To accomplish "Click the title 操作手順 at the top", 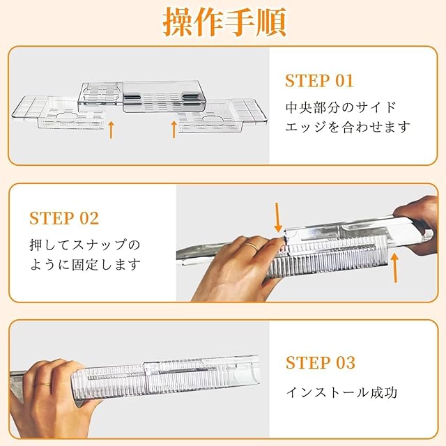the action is (224, 22).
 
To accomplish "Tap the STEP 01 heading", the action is (319, 81).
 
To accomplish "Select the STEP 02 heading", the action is (64, 218).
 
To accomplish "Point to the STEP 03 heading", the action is (321, 362).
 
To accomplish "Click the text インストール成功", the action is (341, 392).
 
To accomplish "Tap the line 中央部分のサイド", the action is (341, 107).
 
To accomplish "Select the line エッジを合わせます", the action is (348, 127).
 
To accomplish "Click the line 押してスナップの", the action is (85, 245).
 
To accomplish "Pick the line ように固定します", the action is (85, 264).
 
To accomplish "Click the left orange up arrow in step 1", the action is (111, 130).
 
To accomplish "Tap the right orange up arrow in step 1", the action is (174, 130).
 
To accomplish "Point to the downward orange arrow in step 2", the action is (277, 217).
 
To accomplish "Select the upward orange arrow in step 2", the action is (394, 268).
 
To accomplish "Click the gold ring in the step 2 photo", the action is (252, 245).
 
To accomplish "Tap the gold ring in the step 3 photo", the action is (42, 385).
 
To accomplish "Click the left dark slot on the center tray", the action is (132, 98).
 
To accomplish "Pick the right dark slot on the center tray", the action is (191, 98).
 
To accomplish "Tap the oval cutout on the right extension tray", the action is (215, 118).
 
